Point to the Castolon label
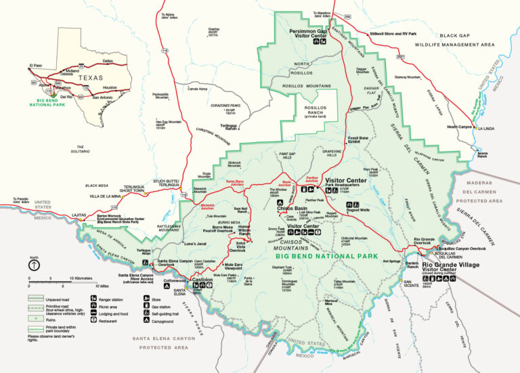click(x=202, y=279)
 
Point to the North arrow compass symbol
click(x=32, y=263)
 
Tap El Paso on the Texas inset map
click(x=35, y=66)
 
